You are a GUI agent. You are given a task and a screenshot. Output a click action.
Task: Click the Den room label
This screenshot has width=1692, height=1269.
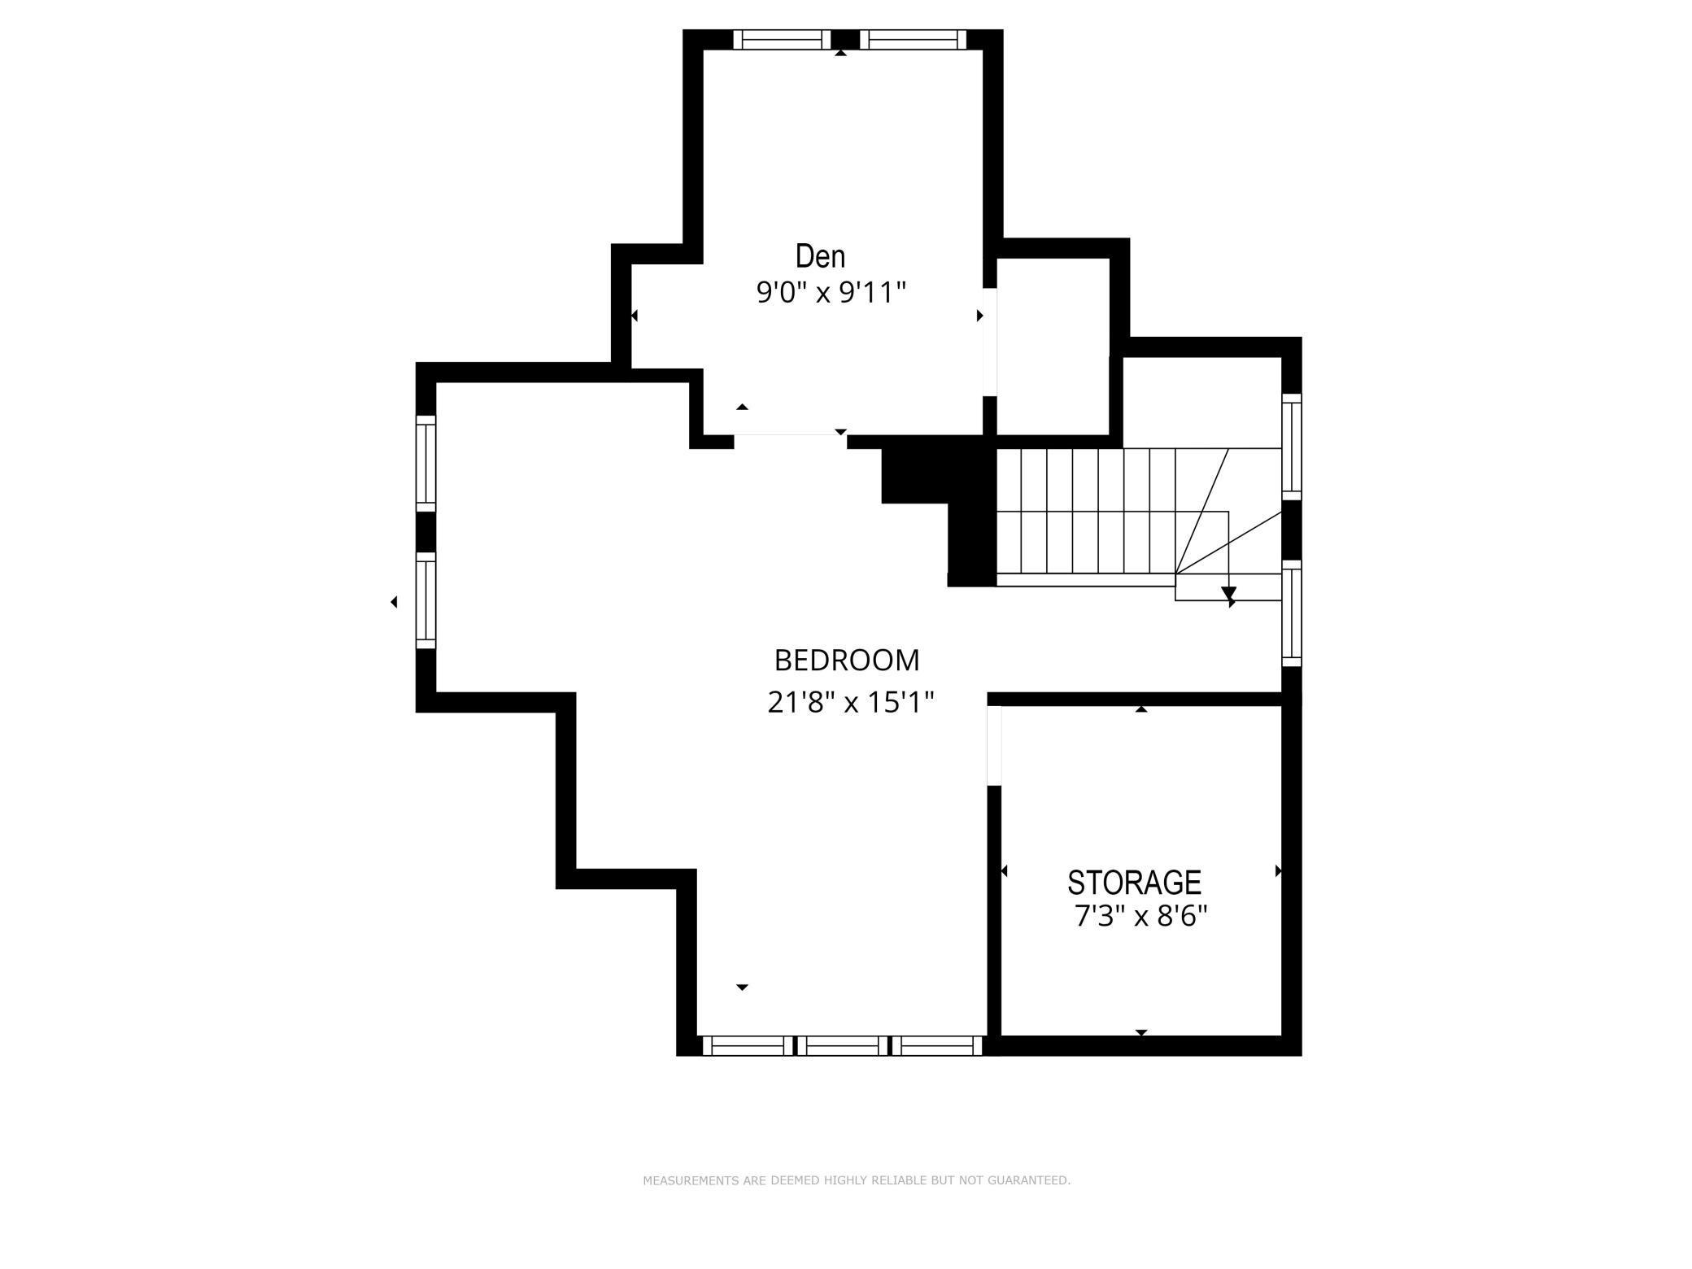point(820,257)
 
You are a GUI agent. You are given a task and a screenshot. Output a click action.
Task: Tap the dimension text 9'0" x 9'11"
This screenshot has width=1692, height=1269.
point(831,292)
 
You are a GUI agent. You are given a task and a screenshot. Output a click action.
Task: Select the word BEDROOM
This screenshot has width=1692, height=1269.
point(846,661)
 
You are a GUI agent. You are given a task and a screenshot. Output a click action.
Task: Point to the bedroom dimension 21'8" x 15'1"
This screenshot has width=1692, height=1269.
point(850,702)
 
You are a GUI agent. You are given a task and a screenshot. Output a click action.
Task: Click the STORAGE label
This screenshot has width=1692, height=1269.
point(1134,883)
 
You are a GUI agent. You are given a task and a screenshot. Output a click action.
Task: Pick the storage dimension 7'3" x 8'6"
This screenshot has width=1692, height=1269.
point(1140,918)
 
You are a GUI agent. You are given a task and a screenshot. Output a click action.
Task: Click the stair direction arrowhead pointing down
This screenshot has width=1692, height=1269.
point(1228,594)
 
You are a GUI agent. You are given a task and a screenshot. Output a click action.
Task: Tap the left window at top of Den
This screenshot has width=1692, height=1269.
point(782,40)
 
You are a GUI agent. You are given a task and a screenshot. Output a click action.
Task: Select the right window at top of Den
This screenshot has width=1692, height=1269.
point(914,40)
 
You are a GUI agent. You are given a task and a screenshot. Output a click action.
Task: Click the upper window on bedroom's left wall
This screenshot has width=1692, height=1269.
point(425,463)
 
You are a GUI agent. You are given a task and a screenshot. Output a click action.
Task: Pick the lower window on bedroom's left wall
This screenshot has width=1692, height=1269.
point(425,600)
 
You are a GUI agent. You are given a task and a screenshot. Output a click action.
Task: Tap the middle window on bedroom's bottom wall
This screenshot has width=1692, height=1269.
point(842,1045)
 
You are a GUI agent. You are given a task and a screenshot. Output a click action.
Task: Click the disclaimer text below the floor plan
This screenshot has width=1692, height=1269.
point(856,1180)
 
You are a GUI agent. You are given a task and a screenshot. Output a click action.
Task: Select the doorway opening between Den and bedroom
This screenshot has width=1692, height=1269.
point(790,441)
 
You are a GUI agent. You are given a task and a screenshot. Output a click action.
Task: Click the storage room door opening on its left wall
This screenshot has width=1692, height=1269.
point(993,745)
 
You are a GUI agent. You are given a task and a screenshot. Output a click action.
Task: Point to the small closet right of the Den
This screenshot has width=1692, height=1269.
point(1053,347)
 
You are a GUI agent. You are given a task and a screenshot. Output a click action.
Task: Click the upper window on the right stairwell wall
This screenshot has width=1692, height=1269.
point(1291,447)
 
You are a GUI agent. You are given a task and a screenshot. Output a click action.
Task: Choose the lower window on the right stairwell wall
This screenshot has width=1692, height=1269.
point(1291,613)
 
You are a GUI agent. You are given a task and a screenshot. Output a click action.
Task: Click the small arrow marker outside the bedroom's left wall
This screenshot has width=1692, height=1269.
point(394,602)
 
